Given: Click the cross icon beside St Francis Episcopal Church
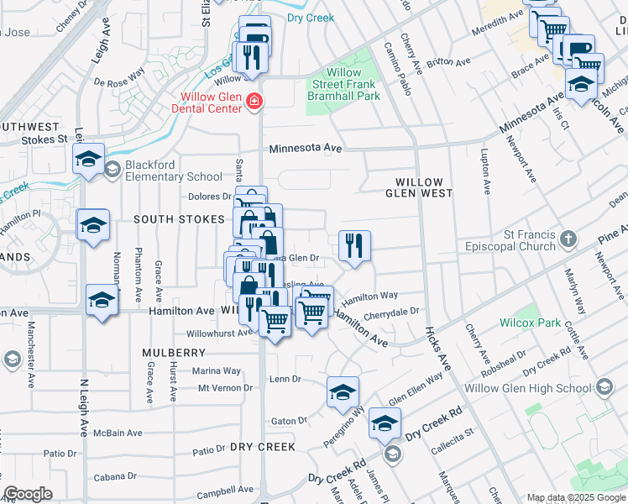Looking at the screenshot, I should click(568, 239).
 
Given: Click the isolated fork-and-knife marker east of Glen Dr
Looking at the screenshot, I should click(354, 246).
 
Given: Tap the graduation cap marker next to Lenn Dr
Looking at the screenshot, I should click(343, 392).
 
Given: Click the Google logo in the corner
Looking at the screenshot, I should click(29, 494).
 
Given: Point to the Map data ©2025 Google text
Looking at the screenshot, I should click(575, 497).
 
